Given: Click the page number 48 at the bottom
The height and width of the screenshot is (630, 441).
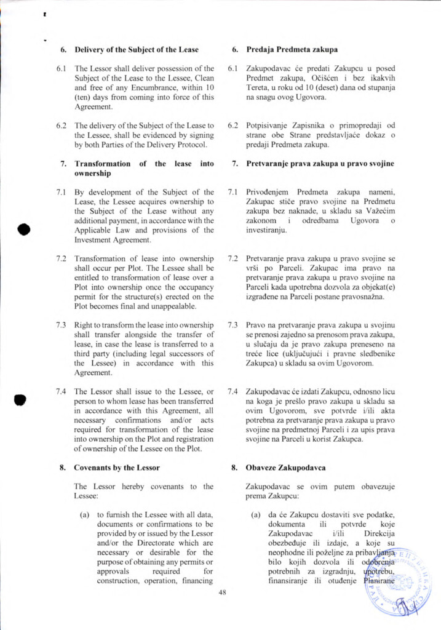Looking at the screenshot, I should point(223,592).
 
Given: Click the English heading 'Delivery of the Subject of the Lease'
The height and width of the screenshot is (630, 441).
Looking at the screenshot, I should point(137,49).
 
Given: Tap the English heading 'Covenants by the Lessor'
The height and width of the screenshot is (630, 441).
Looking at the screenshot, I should point(118,467).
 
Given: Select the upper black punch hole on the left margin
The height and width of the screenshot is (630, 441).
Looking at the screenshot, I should point(23,229).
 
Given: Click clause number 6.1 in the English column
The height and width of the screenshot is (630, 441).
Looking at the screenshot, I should point(61,68).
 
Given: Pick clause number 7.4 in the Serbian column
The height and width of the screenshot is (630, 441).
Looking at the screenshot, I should point(232,391).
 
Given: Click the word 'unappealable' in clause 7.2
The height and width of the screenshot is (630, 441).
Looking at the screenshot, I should point(177,306).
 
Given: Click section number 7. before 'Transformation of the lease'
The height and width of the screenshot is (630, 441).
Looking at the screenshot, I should point(63,164).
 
